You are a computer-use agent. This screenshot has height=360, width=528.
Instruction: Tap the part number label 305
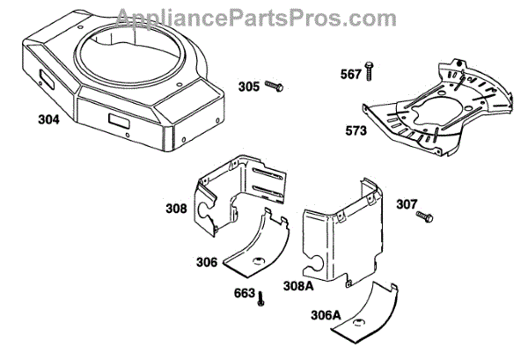pyautogui.click(x=249, y=86)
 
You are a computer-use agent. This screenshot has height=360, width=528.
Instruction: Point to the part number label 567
pyautogui.click(x=350, y=75)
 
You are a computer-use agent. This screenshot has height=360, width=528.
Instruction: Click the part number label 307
pyautogui.click(x=406, y=204)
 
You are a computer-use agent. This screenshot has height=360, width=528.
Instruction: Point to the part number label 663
pyautogui.click(x=245, y=292)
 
